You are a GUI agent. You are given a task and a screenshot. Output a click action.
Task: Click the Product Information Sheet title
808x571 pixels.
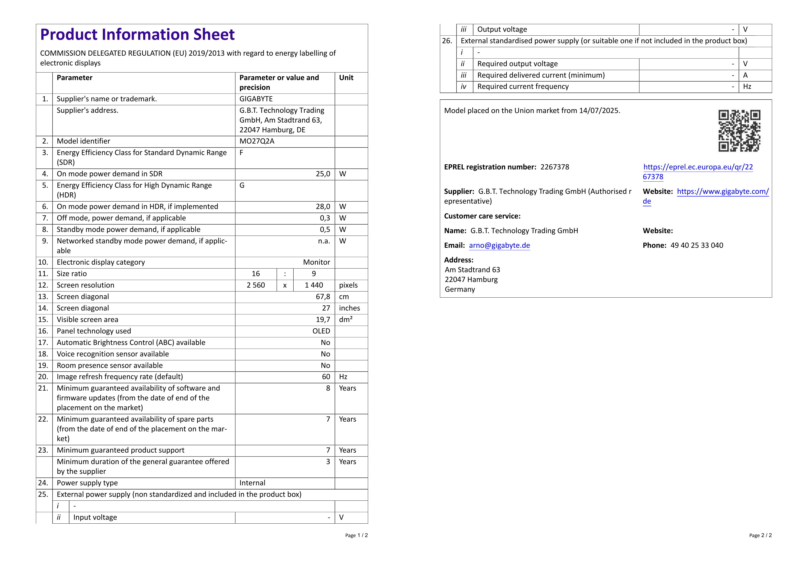137,34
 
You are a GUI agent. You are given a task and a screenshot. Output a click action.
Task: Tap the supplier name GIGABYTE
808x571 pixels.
256,99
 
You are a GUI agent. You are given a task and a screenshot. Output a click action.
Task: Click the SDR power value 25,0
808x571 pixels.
323,174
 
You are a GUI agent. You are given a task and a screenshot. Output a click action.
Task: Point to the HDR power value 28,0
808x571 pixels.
323,207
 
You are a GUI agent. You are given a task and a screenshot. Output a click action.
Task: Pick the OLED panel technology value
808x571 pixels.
321,331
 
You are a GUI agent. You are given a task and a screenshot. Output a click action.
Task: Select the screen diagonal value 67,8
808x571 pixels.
323,297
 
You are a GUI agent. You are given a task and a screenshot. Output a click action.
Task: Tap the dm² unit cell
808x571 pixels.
346,320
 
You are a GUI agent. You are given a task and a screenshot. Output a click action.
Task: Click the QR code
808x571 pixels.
739,131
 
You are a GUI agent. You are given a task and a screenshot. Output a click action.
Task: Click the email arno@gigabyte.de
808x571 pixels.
499,246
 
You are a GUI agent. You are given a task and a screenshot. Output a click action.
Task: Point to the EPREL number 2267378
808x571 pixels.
555,167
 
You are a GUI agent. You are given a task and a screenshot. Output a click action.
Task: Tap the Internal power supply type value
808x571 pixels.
252,483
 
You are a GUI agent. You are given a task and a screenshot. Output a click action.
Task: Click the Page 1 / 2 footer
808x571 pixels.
356,535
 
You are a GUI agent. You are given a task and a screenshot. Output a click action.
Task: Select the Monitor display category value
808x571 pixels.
316,262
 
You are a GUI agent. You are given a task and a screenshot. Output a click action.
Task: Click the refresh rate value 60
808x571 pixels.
326,377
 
